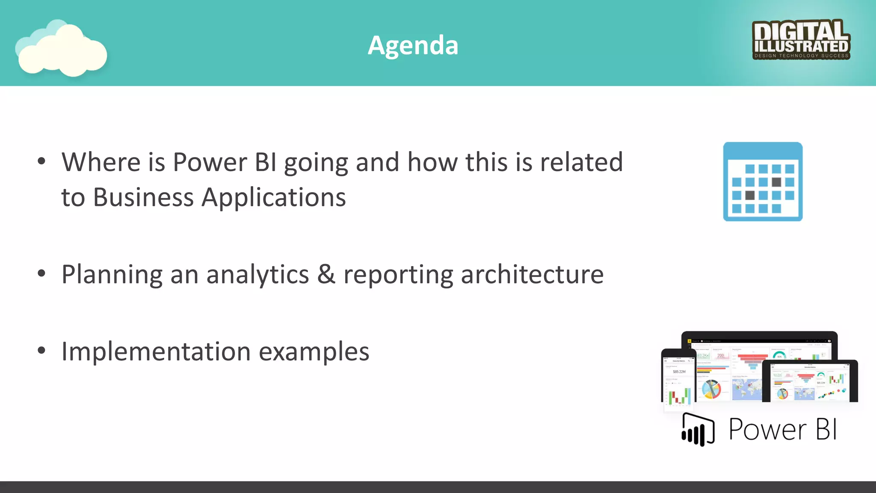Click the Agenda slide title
(413, 45)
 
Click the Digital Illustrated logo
(801, 39)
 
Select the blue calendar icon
(763, 182)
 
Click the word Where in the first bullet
(101, 163)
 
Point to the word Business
(143, 198)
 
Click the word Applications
(274, 198)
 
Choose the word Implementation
(156, 352)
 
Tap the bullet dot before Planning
(41, 273)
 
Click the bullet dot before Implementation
(41, 350)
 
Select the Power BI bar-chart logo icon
(698, 430)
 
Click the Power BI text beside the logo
(782, 429)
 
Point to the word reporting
(398, 275)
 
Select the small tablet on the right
(810, 381)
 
